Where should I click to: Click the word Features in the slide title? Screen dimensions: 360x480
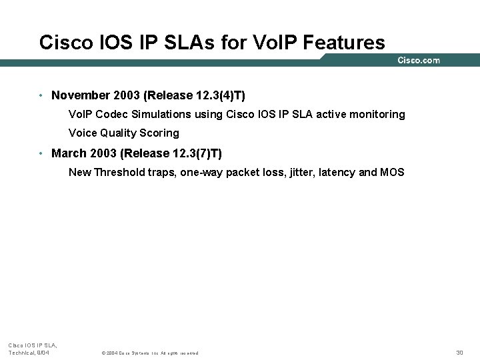click(x=343, y=43)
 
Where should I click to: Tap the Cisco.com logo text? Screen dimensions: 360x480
click(x=419, y=60)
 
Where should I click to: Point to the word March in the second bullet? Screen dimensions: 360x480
click(x=69, y=153)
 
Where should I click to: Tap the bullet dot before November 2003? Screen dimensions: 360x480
click(x=41, y=96)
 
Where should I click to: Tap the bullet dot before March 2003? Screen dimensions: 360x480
click(x=41, y=153)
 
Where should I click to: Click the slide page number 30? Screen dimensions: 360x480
click(x=459, y=352)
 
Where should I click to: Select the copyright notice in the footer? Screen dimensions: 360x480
click(x=149, y=353)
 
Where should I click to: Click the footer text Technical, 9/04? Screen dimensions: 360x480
click(x=29, y=352)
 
